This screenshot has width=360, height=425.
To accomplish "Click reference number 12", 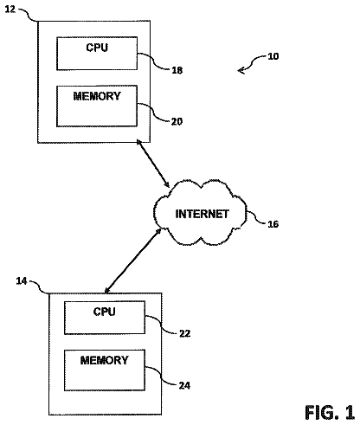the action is tap(10, 10).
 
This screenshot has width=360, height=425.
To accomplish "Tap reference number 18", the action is tap(177, 70).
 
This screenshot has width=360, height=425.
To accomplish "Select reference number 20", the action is tap(177, 121).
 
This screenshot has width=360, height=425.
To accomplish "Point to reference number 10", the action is tap(273, 56).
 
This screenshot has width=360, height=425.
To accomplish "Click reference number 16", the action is tap(273, 224).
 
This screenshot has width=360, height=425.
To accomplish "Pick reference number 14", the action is tap(22, 280).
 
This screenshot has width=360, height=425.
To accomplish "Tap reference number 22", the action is tap(184, 333).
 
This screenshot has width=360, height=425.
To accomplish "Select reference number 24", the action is tap(184, 385).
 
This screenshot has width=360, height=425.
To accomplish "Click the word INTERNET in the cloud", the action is tap(202, 214).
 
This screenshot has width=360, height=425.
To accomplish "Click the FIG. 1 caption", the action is tap(330, 413).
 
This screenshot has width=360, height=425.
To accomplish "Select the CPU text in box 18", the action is tap(97, 48).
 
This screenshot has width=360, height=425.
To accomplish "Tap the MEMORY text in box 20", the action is tap(97, 96).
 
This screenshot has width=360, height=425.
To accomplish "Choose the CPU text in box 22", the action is tap(104, 312).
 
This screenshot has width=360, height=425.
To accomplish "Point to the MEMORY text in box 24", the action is tap(104, 360).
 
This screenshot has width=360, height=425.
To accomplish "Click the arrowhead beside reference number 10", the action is tap(241, 70).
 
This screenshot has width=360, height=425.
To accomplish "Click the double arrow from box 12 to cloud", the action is tap(153, 164).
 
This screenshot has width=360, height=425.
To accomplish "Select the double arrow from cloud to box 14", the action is tap(133, 261).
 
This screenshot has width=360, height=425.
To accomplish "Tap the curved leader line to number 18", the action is tap(153, 61).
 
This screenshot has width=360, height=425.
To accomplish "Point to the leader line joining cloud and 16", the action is tap(256, 217).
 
